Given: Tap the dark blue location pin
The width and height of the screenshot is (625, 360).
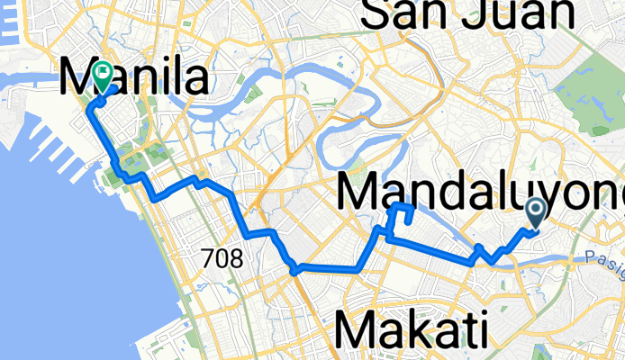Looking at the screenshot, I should pos(535,212).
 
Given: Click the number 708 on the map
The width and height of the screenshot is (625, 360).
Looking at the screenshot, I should pos(222,259).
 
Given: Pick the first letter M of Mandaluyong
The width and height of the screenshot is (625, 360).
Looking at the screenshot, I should pos(359,191).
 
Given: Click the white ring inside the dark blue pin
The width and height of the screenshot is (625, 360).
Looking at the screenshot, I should pos(535,210).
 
